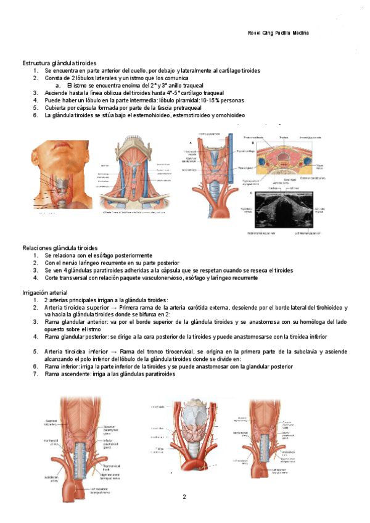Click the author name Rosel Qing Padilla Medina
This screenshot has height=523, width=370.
(273, 33)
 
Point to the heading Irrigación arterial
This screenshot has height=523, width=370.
(46, 292)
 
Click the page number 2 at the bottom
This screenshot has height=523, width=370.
(183, 496)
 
